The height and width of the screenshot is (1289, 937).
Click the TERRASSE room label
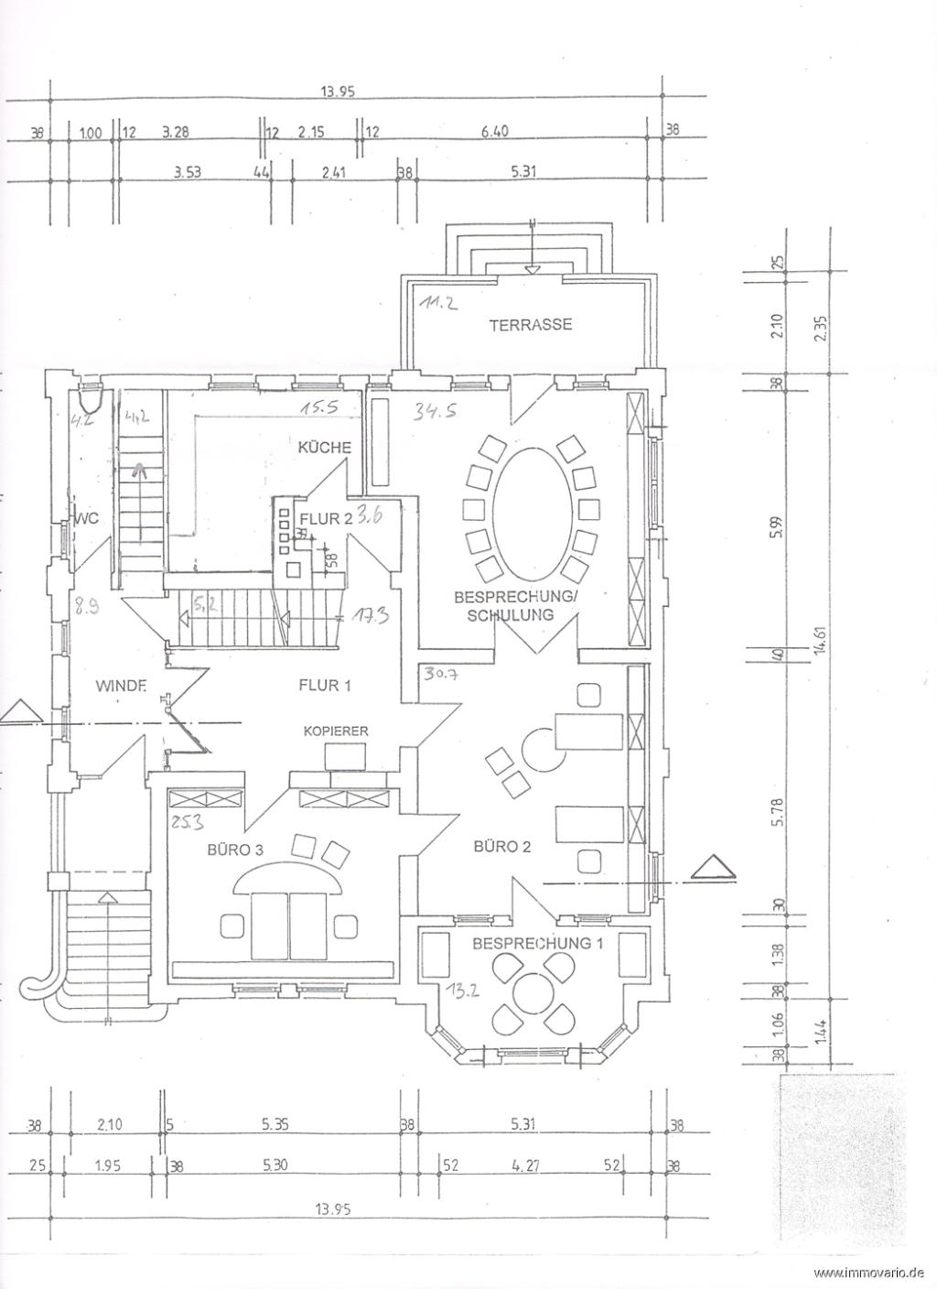pyautogui.click(x=530, y=324)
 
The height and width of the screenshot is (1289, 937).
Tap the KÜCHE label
pyautogui.click(x=325, y=448)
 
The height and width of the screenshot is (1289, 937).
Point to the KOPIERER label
pyautogui.click(x=337, y=731)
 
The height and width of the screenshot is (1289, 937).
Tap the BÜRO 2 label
pyautogui.click(x=501, y=846)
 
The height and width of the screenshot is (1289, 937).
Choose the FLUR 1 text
pyautogui.click(x=324, y=684)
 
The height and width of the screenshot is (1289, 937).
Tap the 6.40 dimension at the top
pyautogui.click(x=494, y=132)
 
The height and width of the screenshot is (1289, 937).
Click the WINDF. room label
pyautogui.click(x=121, y=684)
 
